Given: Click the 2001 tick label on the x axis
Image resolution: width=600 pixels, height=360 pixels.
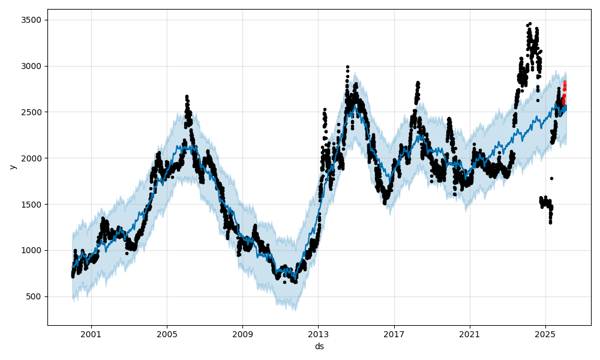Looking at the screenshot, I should click(x=91, y=334).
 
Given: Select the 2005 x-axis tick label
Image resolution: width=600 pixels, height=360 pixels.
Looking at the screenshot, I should click(x=167, y=334).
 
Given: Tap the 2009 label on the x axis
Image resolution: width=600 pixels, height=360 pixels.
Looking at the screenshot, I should click(x=242, y=334).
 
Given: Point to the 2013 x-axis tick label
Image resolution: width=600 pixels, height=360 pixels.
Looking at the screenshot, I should click(x=318, y=334).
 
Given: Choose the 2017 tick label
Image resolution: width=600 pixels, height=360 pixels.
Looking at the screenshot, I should click(x=394, y=334).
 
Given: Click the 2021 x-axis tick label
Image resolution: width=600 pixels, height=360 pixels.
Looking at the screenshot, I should click(x=469, y=334).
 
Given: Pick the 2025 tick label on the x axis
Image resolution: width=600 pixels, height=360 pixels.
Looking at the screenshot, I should click(x=545, y=334).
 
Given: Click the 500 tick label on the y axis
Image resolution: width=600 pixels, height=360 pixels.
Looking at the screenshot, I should click(x=35, y=296).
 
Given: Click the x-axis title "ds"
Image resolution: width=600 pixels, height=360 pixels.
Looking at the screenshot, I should click(x=319, y=346).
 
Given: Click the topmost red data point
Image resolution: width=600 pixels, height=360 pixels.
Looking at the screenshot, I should click(x=565, y=82).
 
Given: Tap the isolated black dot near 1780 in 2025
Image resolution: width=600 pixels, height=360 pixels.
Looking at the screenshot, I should click(x=551, y=178).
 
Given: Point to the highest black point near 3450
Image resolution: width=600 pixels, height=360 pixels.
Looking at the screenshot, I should click(x=530, y=24).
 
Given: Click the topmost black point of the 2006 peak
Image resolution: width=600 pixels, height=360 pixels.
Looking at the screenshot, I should click(x=187, y=96).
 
